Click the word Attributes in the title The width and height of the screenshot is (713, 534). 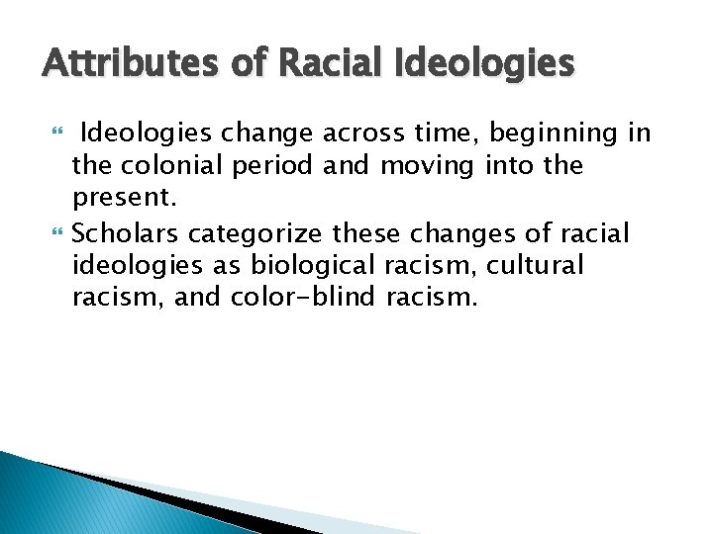click(x=119, y=65)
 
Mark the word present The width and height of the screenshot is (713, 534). click(x=124, y=199)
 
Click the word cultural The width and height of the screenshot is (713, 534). click(x=535, y=266)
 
